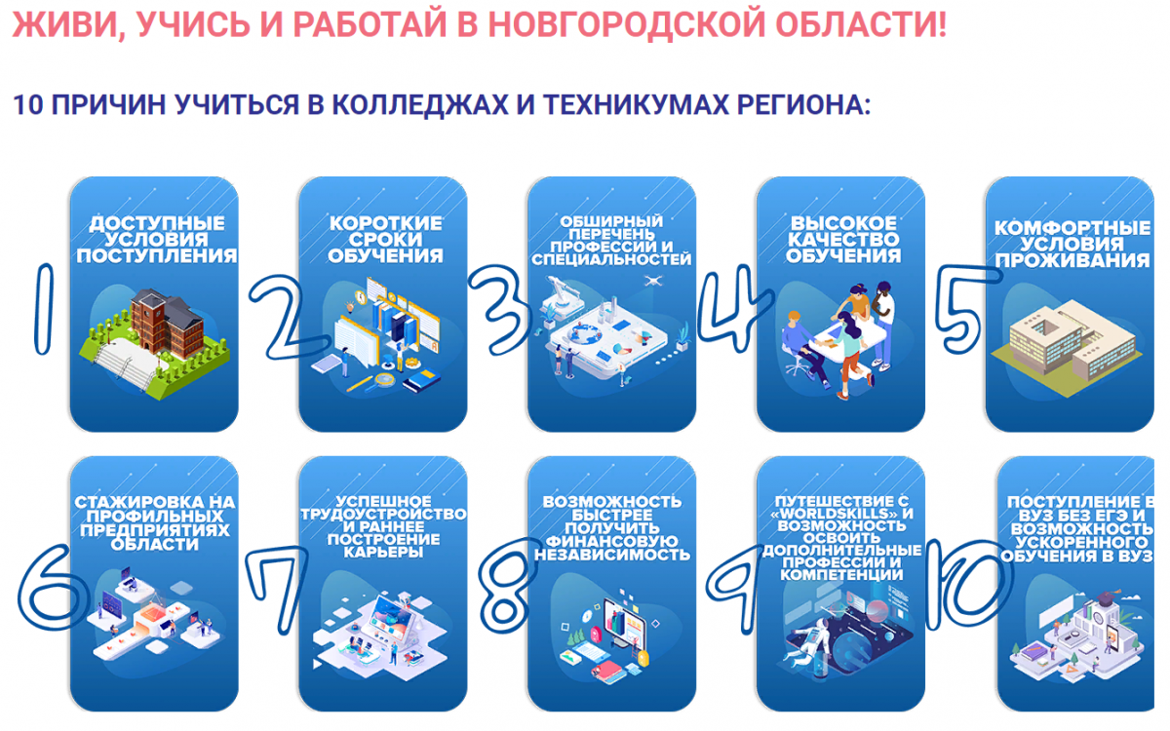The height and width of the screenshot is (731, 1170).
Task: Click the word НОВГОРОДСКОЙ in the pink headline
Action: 628,24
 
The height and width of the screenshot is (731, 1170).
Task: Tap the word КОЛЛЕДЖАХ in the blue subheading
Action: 420,104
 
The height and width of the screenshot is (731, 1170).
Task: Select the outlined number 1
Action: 44,309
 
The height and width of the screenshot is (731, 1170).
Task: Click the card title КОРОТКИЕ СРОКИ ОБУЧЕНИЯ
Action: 385,239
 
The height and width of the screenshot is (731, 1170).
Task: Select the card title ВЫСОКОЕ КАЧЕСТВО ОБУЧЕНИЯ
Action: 843,239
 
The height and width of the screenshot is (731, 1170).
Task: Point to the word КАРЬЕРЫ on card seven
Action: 383,553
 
